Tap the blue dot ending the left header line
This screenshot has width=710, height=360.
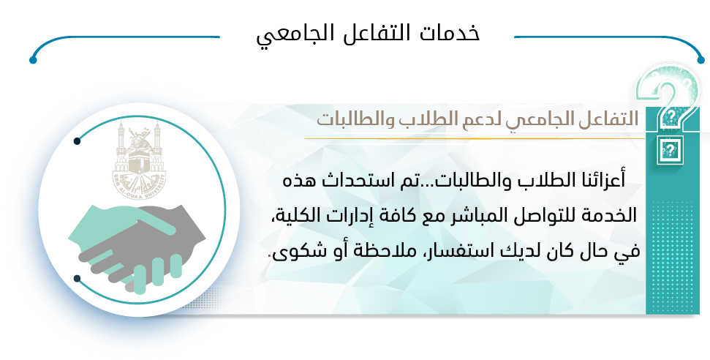(x=33, y=60)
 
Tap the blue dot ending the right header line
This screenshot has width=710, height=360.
(x=701, y=60)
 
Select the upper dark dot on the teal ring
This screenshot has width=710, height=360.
(x=77, y=141)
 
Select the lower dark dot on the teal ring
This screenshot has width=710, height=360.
(x=77, y=278)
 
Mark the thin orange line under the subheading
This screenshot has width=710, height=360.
(x=474, y=138)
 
